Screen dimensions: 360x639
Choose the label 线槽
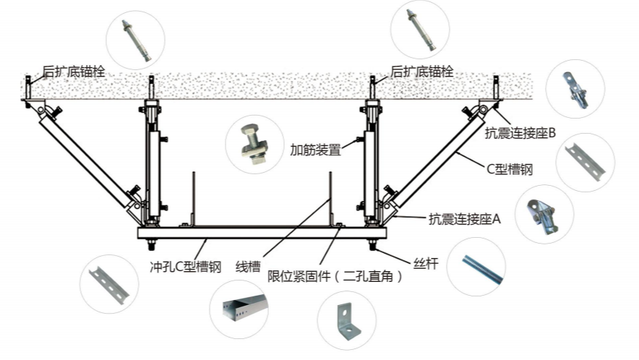(x=247, y=265)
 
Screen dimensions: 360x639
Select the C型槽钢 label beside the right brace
(x=509, y=170)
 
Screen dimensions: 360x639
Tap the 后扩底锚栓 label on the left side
(x=74, y=72)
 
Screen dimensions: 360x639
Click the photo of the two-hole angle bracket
(x=346, y=320)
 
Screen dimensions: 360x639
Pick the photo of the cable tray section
(x=239, y=309)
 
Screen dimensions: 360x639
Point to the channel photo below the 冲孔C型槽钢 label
(x=108, y=282)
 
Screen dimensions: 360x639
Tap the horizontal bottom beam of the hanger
(x=260, y=233)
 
